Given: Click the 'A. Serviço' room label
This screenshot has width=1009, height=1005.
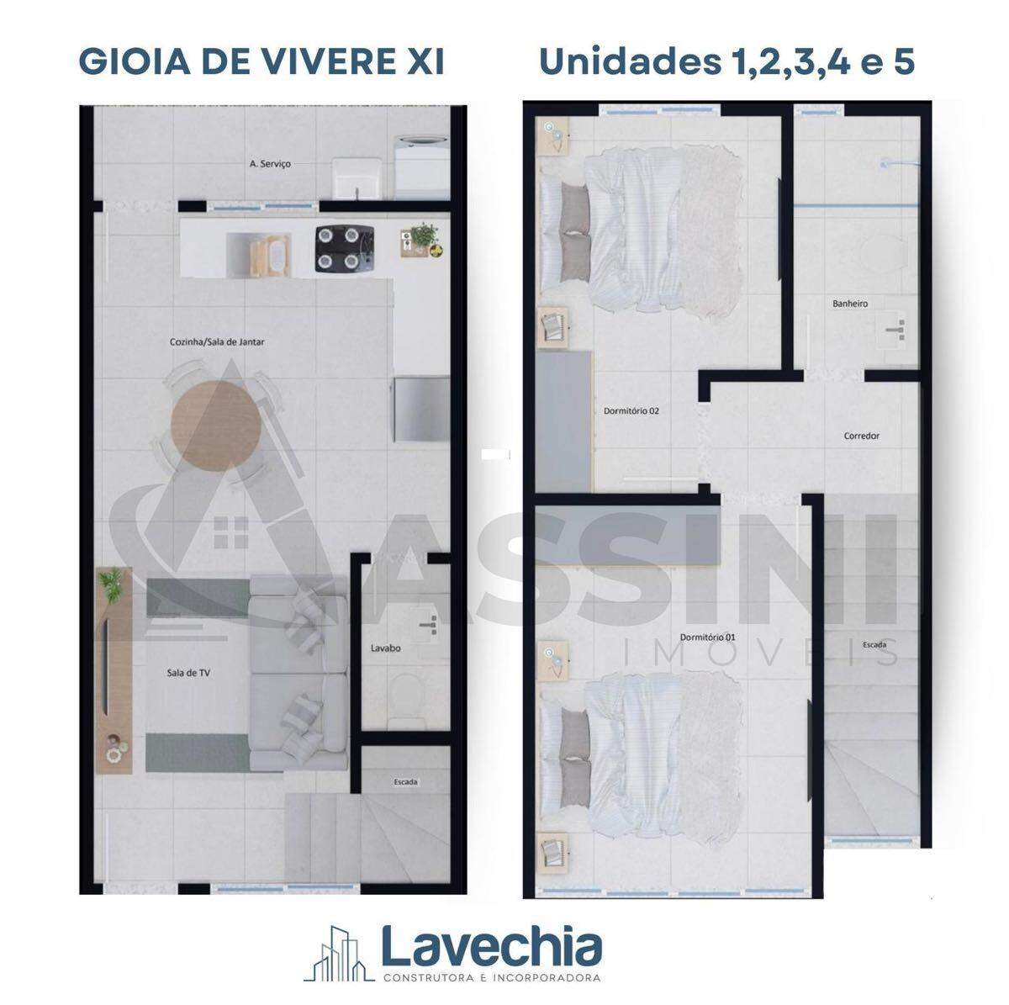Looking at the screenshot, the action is coord(270,164).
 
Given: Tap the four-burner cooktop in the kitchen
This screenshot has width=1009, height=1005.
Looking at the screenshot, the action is coord(345,248).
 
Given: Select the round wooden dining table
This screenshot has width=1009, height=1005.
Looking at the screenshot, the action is coord(216,425).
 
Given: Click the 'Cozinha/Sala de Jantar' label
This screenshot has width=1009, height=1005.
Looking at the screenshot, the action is coord(217,342).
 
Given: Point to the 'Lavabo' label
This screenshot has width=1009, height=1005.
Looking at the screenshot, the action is coord(385,648).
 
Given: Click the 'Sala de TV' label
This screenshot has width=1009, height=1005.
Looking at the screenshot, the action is coord(188,673).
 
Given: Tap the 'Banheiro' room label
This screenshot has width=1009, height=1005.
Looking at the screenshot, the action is coord(850,304).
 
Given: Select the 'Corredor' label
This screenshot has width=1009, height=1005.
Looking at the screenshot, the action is coord(861,435).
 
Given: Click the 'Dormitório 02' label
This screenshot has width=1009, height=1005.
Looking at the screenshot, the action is coord(631,411).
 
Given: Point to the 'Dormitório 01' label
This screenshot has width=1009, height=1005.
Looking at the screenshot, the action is coord(707,637).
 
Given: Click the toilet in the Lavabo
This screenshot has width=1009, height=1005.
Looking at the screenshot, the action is coord(404,700).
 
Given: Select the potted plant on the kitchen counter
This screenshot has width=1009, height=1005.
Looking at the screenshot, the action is coord(425,236).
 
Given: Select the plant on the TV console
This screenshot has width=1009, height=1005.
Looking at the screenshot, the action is coord(112,585).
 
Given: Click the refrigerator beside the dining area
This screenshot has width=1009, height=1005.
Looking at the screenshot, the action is coord(422,410).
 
